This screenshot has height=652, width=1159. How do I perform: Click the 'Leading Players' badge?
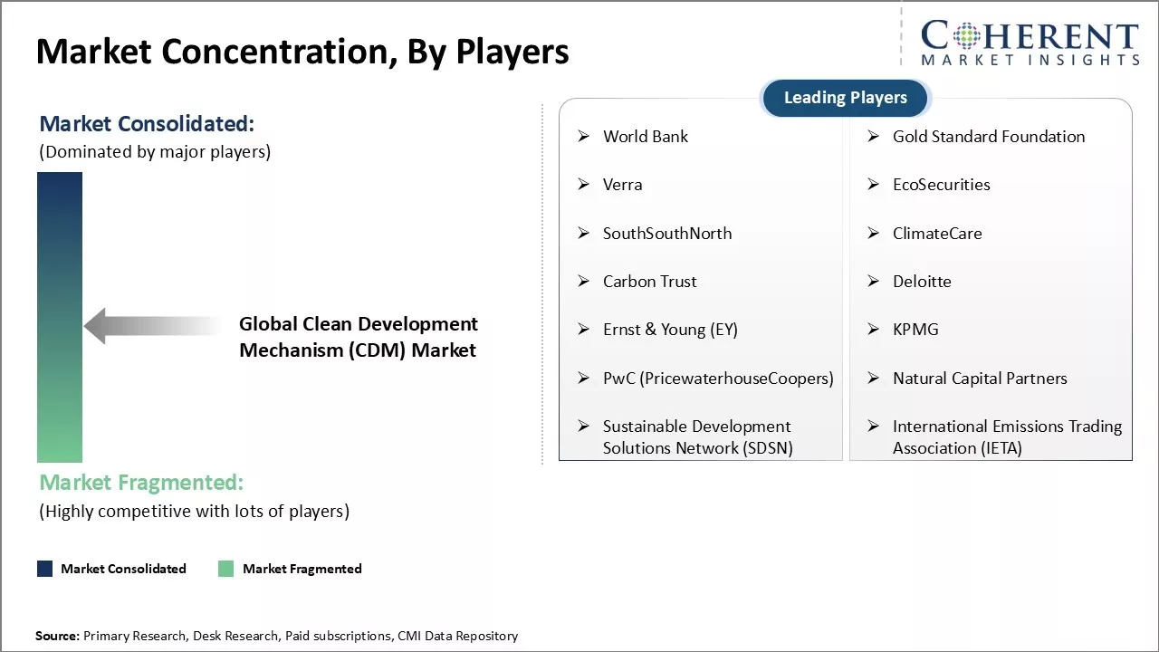(x=846, y=98)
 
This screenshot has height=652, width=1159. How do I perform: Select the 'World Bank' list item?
(x=646, y=137)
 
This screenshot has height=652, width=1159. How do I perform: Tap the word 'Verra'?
(x=622, y=185)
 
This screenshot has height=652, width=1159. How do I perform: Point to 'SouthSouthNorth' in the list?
(x=667, y=234)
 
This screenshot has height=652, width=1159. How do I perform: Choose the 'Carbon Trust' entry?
(x=650, y=282)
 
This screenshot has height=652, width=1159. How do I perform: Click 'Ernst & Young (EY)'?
(x=671, y=330)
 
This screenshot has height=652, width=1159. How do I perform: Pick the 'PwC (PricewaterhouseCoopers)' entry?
(x=718, y=379)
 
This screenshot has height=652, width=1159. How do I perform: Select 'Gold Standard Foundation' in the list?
(x=989, y=137)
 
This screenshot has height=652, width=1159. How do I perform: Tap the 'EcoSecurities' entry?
(x=941, y=185)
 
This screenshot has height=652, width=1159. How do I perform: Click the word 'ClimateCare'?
(x=937, y=234)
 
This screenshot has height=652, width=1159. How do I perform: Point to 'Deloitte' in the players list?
(x=922, y=282)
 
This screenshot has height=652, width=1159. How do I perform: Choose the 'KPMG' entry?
(x=915, y=330)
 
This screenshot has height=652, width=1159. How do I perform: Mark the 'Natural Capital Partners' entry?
(x=980, y=379)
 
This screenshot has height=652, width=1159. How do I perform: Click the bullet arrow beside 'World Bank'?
(x=584, y=136)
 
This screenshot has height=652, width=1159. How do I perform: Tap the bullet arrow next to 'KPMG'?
(x=874, y=329)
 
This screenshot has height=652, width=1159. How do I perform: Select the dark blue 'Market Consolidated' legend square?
(x=45, y=569)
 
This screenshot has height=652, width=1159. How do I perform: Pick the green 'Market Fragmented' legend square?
(x=226, y=569)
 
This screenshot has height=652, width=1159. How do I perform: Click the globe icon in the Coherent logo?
(x=966, y=35)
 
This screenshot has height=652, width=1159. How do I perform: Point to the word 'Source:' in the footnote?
(x=57, y=636)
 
